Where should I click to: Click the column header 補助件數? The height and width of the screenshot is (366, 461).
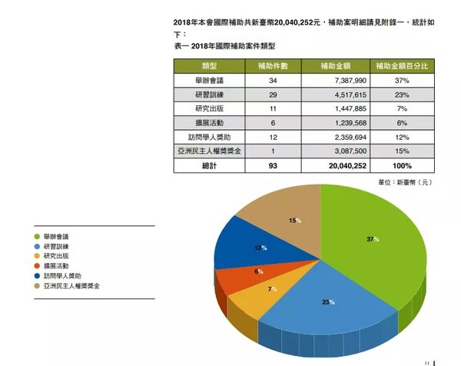(271, 66)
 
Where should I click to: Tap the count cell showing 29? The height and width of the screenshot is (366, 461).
(271, 95)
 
